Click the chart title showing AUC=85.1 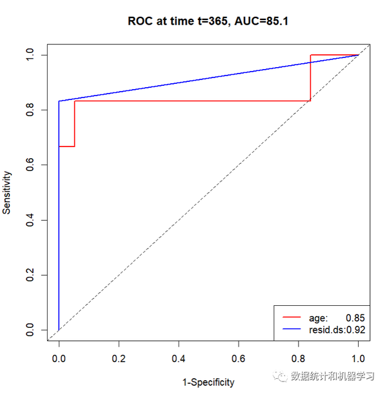point(208,21)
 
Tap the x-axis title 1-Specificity point(208,382)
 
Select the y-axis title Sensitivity point(7,192)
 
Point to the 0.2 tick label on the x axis point(119,357)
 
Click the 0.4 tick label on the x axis point(179,357)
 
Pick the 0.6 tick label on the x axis point(239,357)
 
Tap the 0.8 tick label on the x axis point(299,357)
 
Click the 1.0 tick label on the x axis point(359,357)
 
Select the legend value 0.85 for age point(355,318)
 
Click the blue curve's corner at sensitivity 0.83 point(59,101)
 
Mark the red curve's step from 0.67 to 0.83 point(75,124)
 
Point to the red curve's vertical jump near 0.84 point(310,77)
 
